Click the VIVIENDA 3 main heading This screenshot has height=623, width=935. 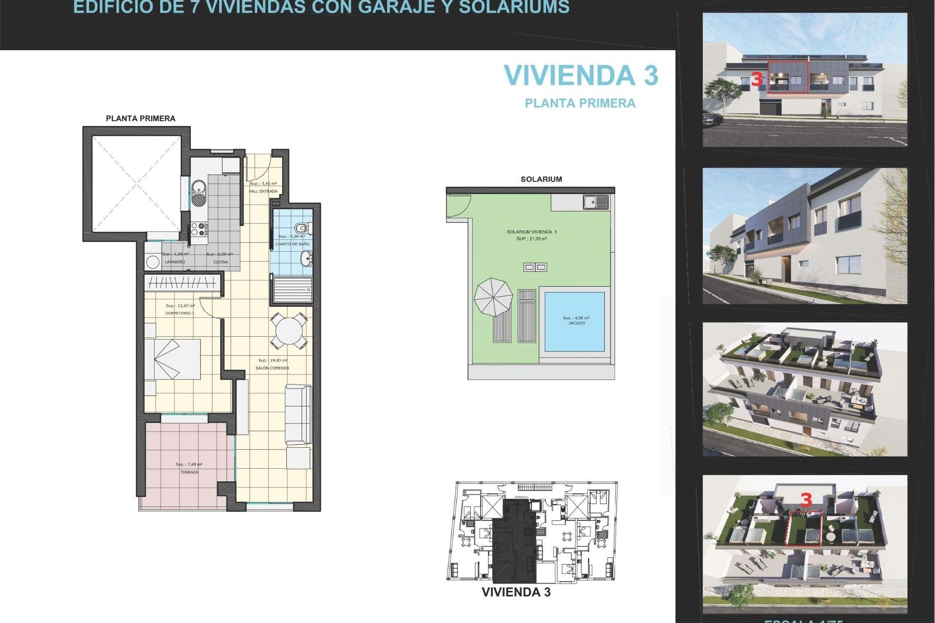tap(580, 76)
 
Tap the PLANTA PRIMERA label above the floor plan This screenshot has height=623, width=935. tap(140, 118)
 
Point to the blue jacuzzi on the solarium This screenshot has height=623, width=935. tap(575, 321)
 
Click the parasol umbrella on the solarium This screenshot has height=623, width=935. tap(493, 297)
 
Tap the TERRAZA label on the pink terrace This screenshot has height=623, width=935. tap(189, 472)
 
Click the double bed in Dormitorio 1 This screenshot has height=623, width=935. tap(173, 359)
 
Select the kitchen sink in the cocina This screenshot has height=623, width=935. tap(199, 192)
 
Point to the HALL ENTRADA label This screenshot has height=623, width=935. tap(263, 191)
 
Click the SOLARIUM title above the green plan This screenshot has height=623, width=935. tap(541, 179)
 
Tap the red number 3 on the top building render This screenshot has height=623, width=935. tap(756, 79)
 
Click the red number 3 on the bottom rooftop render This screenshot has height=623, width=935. tap(806, 500)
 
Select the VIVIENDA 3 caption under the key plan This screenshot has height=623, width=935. tap(516, 592)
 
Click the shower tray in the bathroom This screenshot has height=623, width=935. tap(292, 290)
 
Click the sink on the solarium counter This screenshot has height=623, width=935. tap(595, 202)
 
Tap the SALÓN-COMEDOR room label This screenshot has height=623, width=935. tap(272, 368)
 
